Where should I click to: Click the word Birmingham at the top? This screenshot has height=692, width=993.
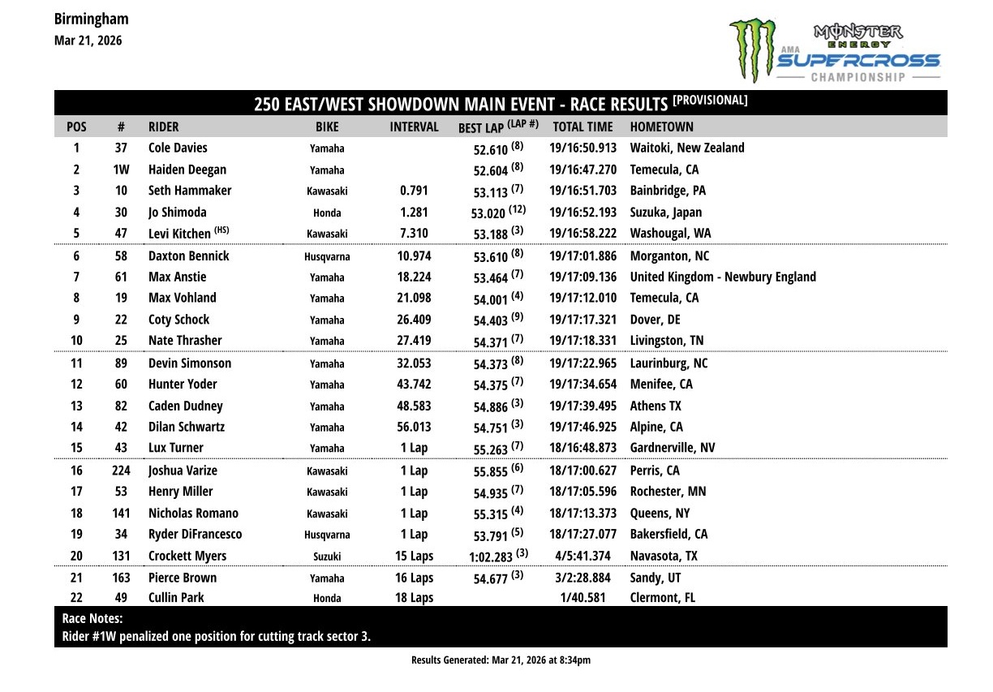point(91,19)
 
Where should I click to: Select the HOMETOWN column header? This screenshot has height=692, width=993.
point(661,127)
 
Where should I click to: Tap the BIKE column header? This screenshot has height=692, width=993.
point(327,127)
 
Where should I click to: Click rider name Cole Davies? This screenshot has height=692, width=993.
point(178,148)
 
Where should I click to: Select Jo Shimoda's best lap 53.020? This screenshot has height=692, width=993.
point(488,213)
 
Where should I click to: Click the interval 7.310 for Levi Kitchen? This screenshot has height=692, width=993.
point(414,234)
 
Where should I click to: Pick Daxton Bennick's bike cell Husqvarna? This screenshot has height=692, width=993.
point(327,256)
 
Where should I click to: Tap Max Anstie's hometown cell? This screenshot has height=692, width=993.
point(723,277)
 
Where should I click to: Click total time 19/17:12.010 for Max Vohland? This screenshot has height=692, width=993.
point(582,298)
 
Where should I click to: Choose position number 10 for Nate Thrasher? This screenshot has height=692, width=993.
point(77,340)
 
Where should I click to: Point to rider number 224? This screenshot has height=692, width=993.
point(121,471)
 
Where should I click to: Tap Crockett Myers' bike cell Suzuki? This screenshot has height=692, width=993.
point(327,557)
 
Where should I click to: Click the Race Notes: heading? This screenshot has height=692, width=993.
point(92,618)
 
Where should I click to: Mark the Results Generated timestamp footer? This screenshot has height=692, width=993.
point(501,660)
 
